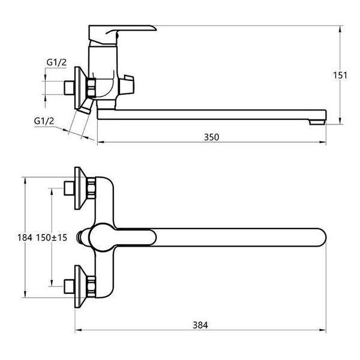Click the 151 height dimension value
pos(340,76)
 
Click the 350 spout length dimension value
pos(211,137)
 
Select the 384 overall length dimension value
pos(200,325)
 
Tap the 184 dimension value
pos(25,238)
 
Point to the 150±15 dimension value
pos(52,238)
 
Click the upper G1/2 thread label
pos(56,62)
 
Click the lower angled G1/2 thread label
pos(44,121)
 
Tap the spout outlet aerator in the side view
pos(317,122)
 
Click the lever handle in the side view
pos(122,34)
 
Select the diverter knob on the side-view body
pos(127,84)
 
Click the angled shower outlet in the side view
pos(85,106)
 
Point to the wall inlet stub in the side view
pos(69,88)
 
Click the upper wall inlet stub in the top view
pos(69,188)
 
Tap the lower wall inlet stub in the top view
pos(69,286)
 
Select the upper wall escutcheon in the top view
pos(81,188)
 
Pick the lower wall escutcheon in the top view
pos(81,286)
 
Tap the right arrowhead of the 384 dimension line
pos(323,331)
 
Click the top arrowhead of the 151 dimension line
pos(340,29)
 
